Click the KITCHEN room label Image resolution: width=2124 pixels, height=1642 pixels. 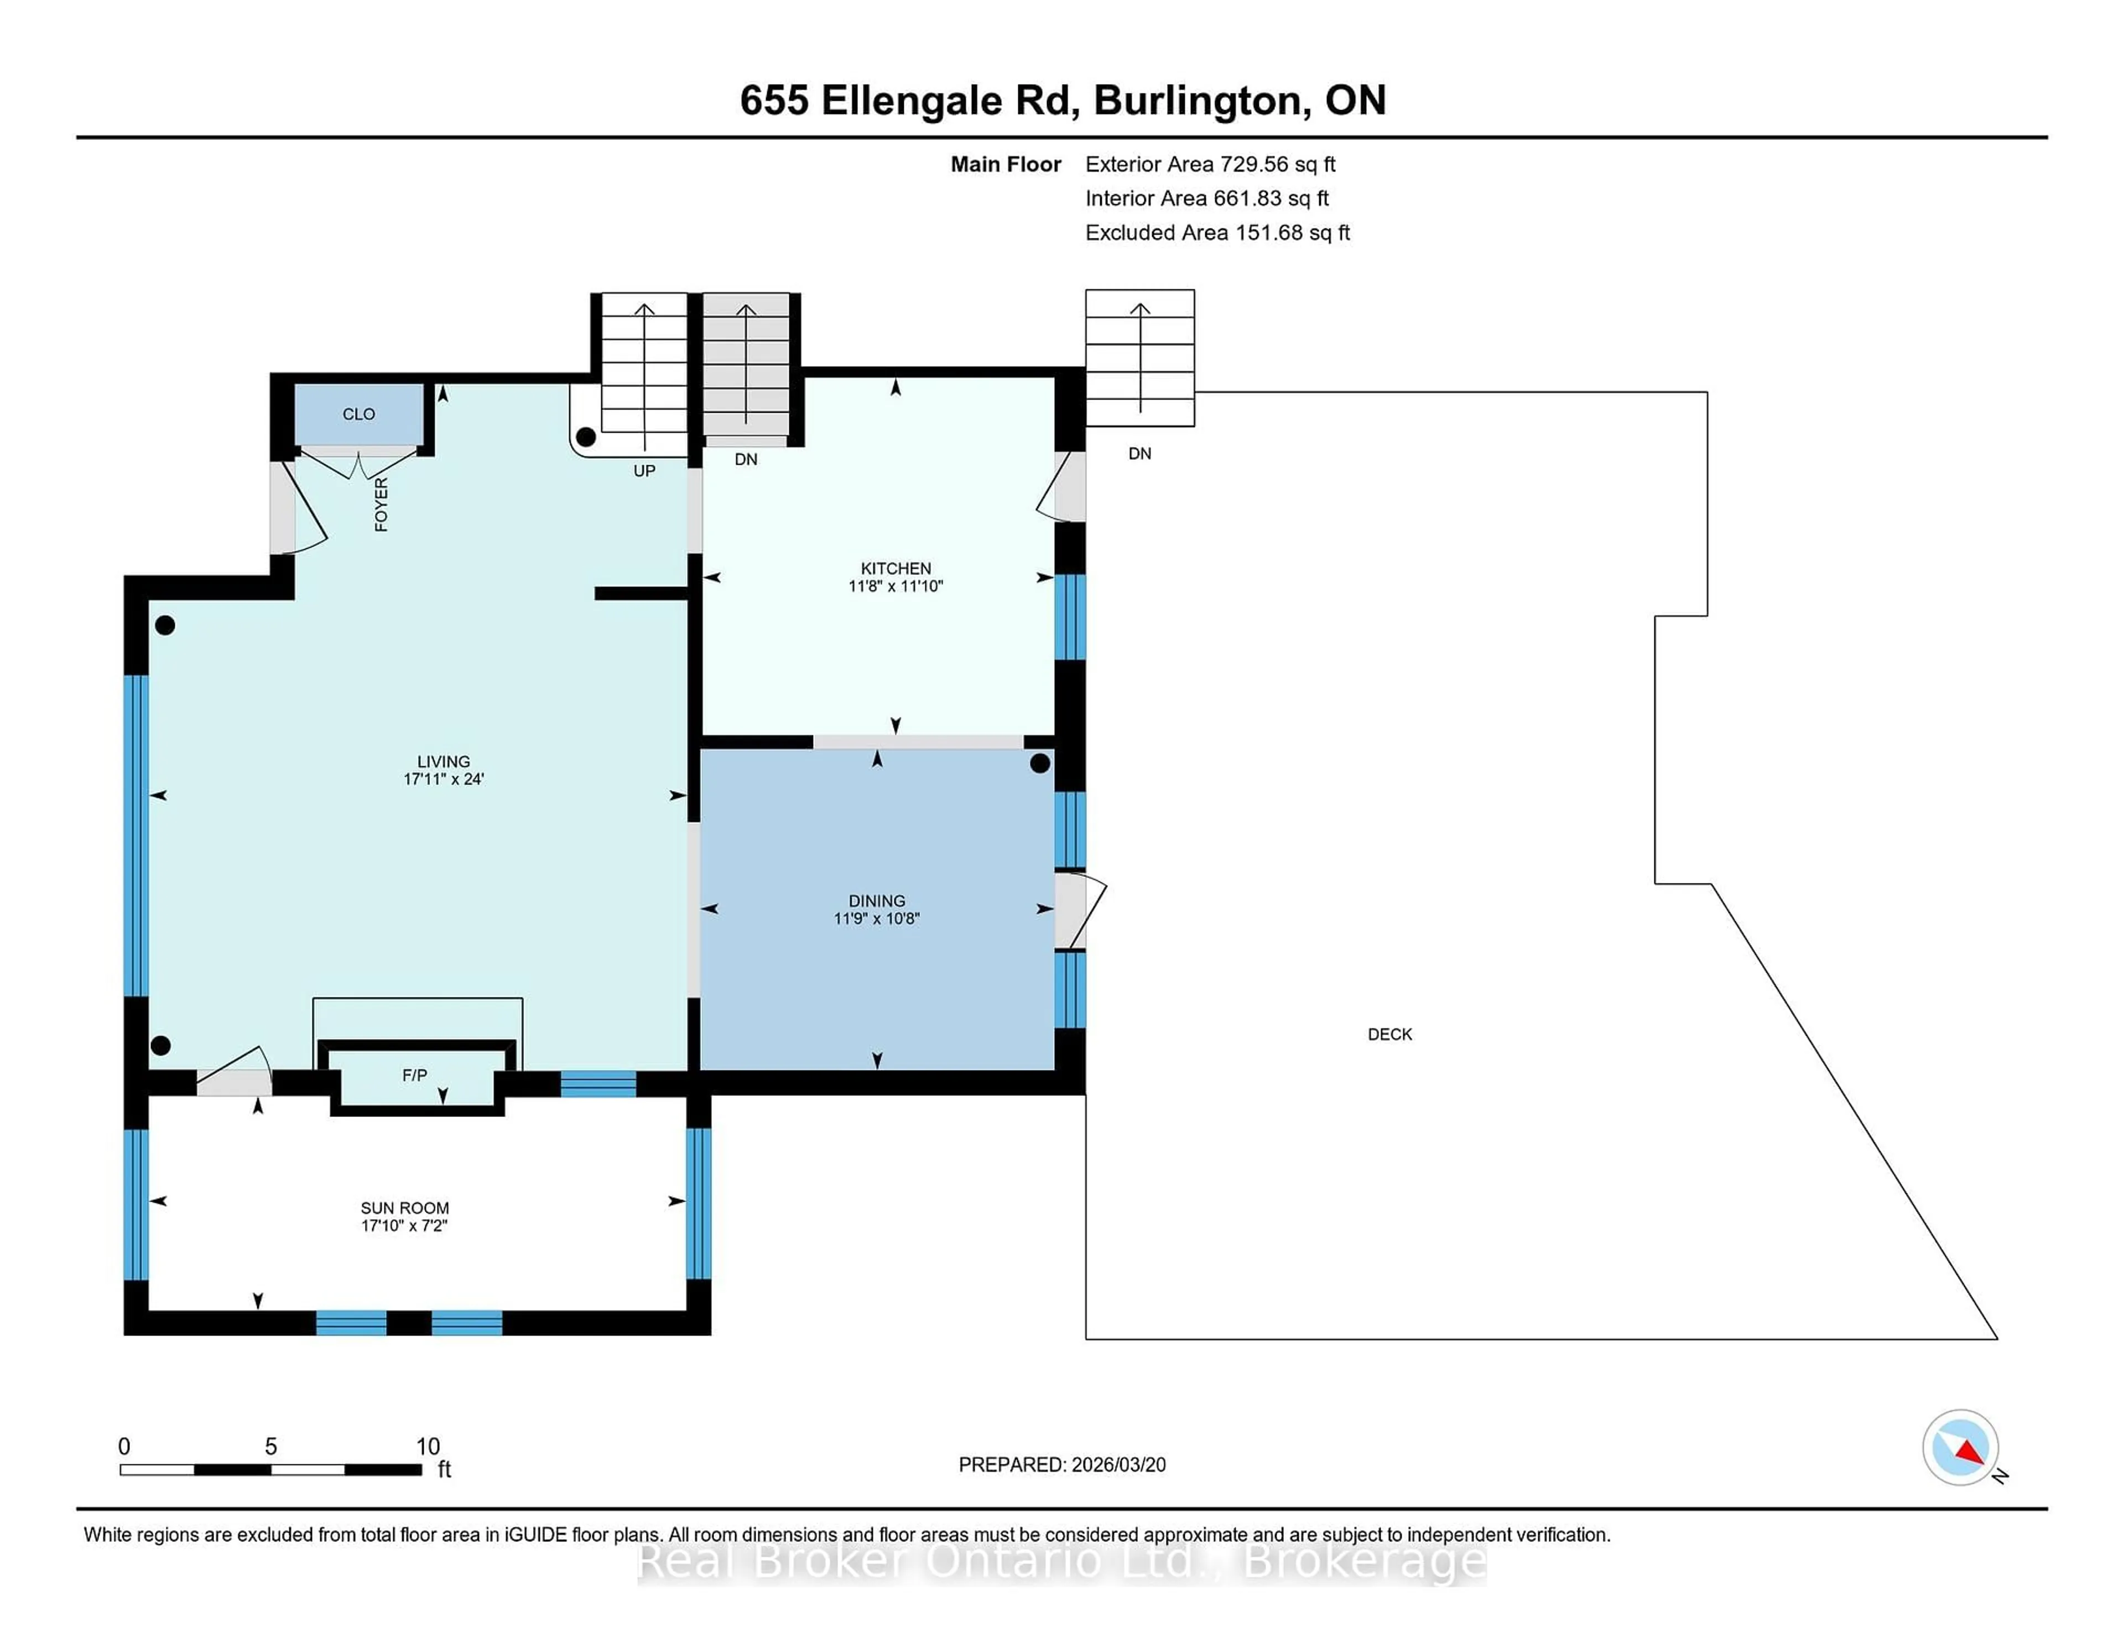coord(895,568)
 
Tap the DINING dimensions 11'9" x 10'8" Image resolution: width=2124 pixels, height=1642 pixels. coord(876,918)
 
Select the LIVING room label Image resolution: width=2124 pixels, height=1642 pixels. coord(444,762)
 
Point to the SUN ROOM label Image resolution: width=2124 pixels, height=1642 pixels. coord(404,1208)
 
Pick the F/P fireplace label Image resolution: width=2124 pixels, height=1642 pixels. coord(414,1075)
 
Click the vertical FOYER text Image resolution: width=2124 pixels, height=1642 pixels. coord(381,504)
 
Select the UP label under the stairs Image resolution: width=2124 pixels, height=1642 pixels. coord(644,471)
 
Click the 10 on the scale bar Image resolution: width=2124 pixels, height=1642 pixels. coord(428,1447)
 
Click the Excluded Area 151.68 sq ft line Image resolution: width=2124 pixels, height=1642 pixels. coord(1217,232)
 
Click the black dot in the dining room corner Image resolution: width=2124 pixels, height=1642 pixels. coord(1040,763)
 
